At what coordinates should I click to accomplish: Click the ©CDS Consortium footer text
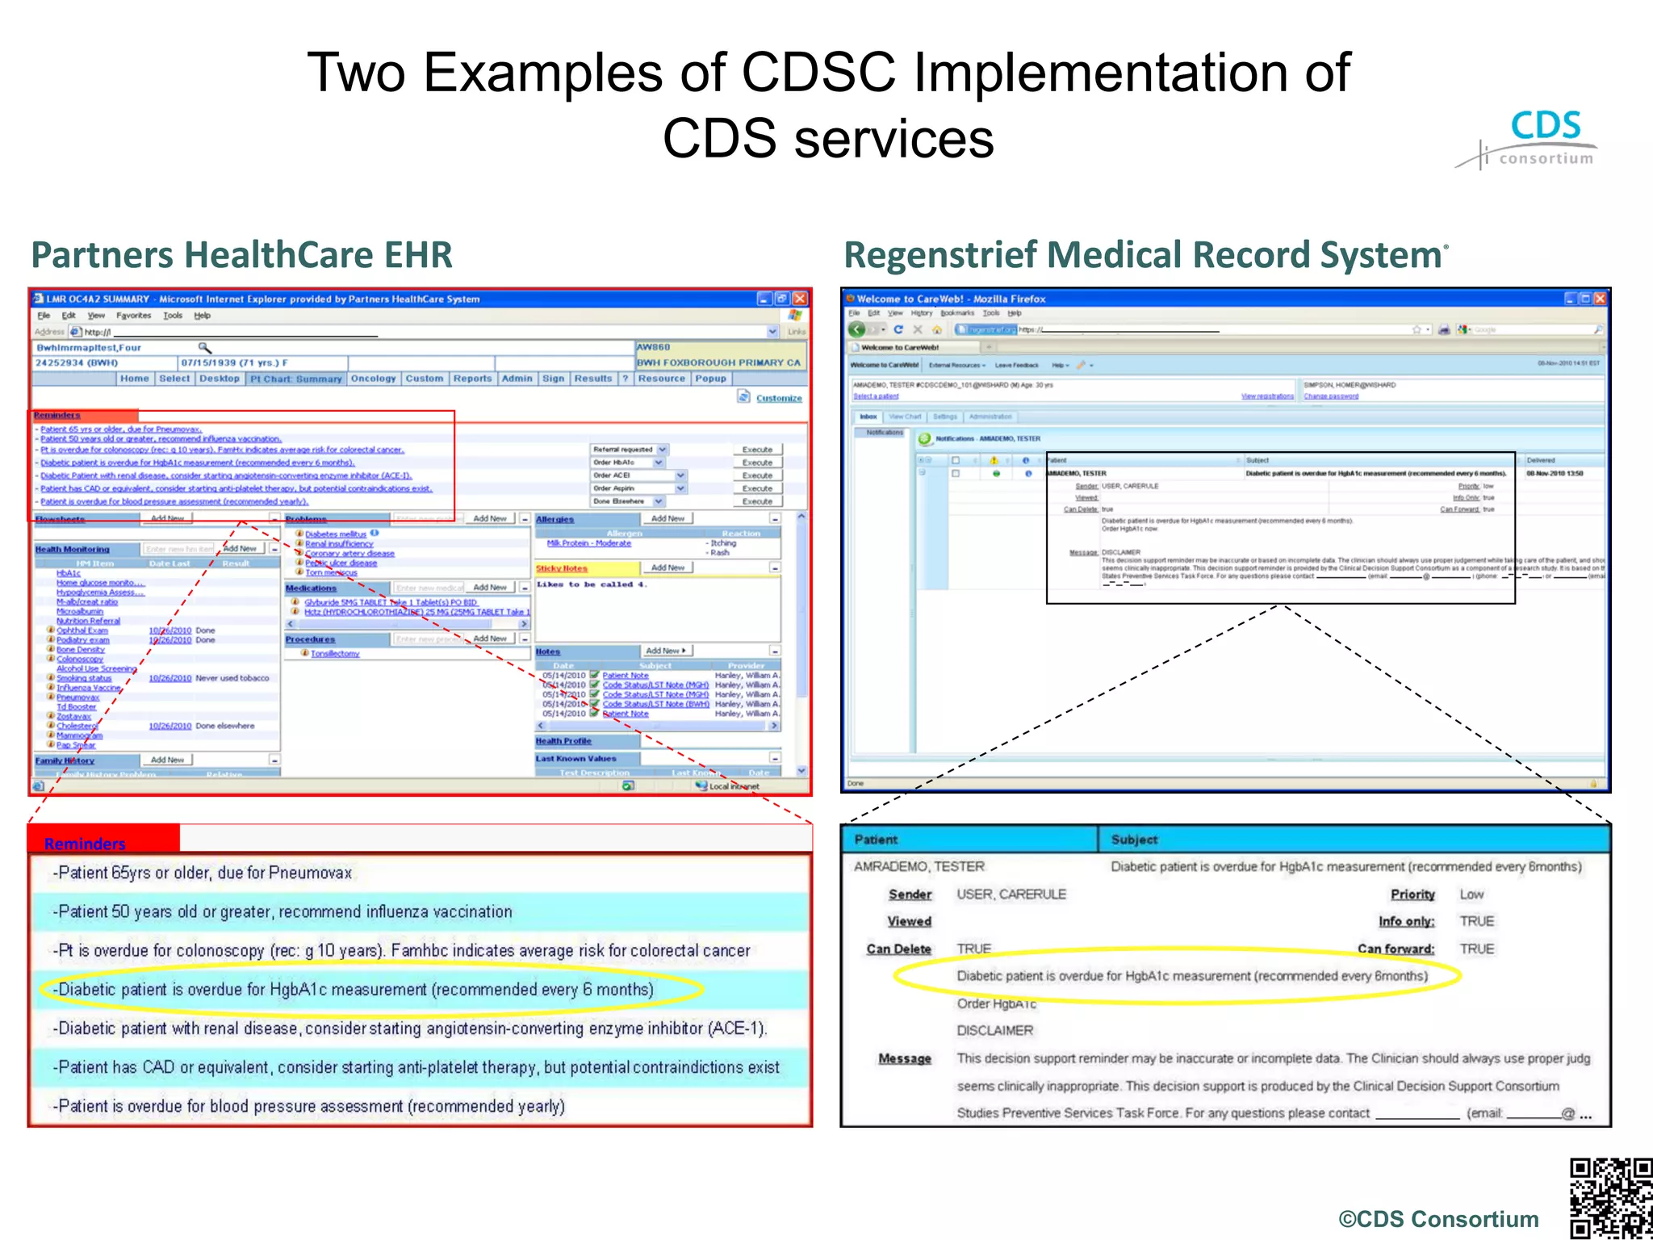tap(1438, 1218)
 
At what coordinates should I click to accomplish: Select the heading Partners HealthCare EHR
tap(241, 255)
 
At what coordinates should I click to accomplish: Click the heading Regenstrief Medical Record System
tap(1143, 255)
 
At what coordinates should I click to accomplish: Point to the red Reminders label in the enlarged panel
tap(85, 844)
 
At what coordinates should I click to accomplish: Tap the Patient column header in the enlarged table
tap(876, 840)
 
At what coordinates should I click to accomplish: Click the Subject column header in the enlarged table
tap(1134, 840)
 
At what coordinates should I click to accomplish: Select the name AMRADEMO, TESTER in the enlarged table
tap(919, 866)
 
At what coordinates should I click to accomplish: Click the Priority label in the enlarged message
tap(1412, 894)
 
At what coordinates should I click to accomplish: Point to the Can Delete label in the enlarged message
tap(898, 949)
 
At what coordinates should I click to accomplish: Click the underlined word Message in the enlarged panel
tap(904, 1058)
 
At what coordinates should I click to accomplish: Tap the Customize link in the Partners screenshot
tap(778, 398)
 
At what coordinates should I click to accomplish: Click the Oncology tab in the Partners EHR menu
tap(373, 378)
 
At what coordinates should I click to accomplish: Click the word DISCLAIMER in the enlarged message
tap(994, 1030)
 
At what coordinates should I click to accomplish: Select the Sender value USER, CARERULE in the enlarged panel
tap(1011, 894)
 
